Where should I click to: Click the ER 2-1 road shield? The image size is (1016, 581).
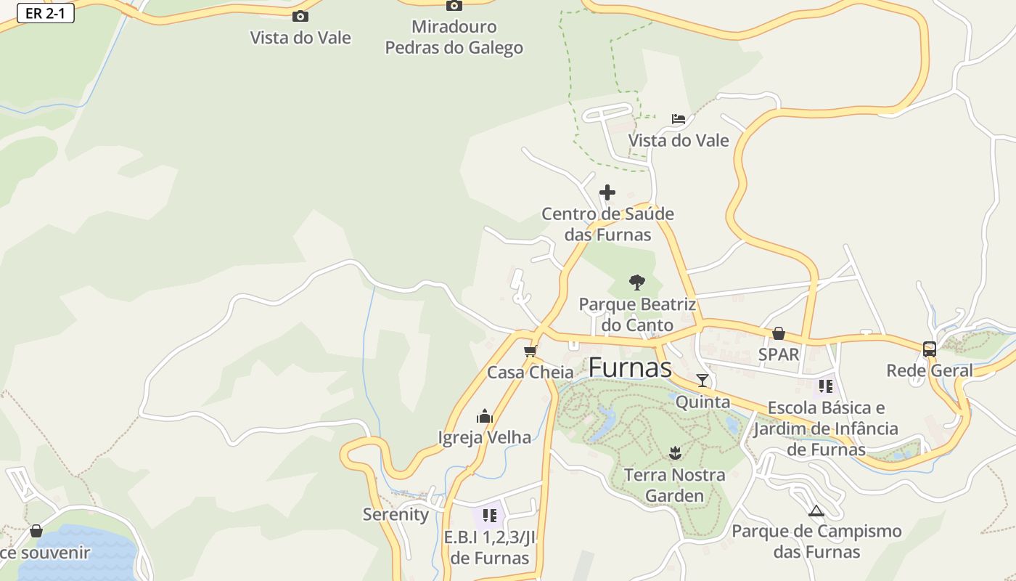click(46, 13)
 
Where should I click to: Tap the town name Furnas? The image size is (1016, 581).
click(630, 367)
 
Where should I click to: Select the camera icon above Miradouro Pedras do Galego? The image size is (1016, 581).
click(454, 6)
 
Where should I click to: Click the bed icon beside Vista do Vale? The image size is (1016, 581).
click(679, 119)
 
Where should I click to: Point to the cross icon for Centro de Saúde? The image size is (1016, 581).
click(607, 192)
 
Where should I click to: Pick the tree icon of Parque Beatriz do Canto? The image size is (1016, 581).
click(637, 282)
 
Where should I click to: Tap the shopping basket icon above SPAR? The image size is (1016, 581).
click(779, 333)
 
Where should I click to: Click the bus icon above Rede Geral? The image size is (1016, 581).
click(930, 349)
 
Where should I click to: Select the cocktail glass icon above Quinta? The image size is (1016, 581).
click(702, 380)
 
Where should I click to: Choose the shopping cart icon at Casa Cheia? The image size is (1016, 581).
click(530, 352)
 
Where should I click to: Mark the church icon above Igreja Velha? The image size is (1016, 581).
click(484, 416)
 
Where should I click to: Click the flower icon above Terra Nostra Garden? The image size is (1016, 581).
click(675, 453)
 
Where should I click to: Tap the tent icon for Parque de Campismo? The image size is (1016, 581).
click(816, 511)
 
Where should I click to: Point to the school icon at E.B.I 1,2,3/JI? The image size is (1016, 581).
click(490, 516)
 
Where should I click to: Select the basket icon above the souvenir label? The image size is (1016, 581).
click(36, 531)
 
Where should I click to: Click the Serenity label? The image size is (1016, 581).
click(396, 514)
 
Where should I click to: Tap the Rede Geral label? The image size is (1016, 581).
click(930, 370)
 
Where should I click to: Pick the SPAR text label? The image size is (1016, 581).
click(779, 354)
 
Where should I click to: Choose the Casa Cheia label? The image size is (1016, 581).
click(530, 373)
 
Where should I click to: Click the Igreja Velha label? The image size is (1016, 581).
click(485, 437)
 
